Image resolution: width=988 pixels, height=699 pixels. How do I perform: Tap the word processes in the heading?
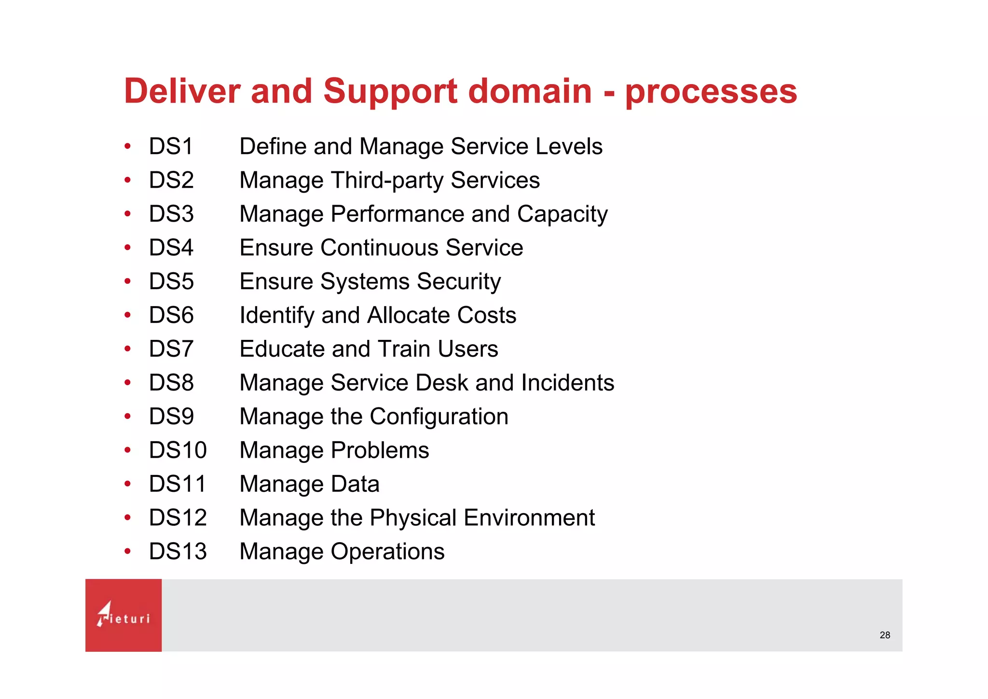pyautogui.click(x=711, y=92)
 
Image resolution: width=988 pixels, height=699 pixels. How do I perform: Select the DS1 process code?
pyautogui.click(x=171, y=146)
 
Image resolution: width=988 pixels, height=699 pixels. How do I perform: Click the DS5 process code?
pyautogui.click(x=171, y=281)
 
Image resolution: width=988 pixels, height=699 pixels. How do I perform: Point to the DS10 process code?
pyautogui.click(x=178, y=450)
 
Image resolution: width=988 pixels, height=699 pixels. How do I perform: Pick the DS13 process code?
pyautogui.click(x=178, y=552)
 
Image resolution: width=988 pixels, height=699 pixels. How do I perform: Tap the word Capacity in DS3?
pyautogui.click(x=562, y=214)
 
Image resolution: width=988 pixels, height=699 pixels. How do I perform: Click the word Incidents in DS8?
pyautogui.click(x=567, y=383)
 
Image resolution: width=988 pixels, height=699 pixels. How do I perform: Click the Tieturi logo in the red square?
pyautogui.click(x=123, y=615)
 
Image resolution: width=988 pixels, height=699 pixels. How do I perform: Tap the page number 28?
pyautogui.click(x=885, y=635)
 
